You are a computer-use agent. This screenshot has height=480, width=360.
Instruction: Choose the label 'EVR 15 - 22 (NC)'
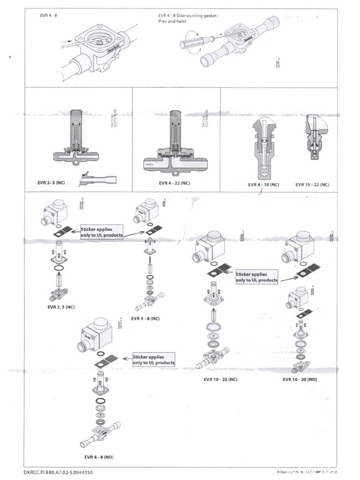click(x=313, y=185)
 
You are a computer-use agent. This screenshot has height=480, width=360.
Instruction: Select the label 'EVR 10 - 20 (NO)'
click(x=300, y=379)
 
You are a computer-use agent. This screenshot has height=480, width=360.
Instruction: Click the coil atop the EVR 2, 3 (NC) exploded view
click(x=55, y=213)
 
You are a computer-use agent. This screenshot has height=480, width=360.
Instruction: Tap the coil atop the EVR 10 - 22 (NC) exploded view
click(x=212, y=247)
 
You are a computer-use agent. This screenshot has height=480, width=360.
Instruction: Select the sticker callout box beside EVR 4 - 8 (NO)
click(x=154, y=359)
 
